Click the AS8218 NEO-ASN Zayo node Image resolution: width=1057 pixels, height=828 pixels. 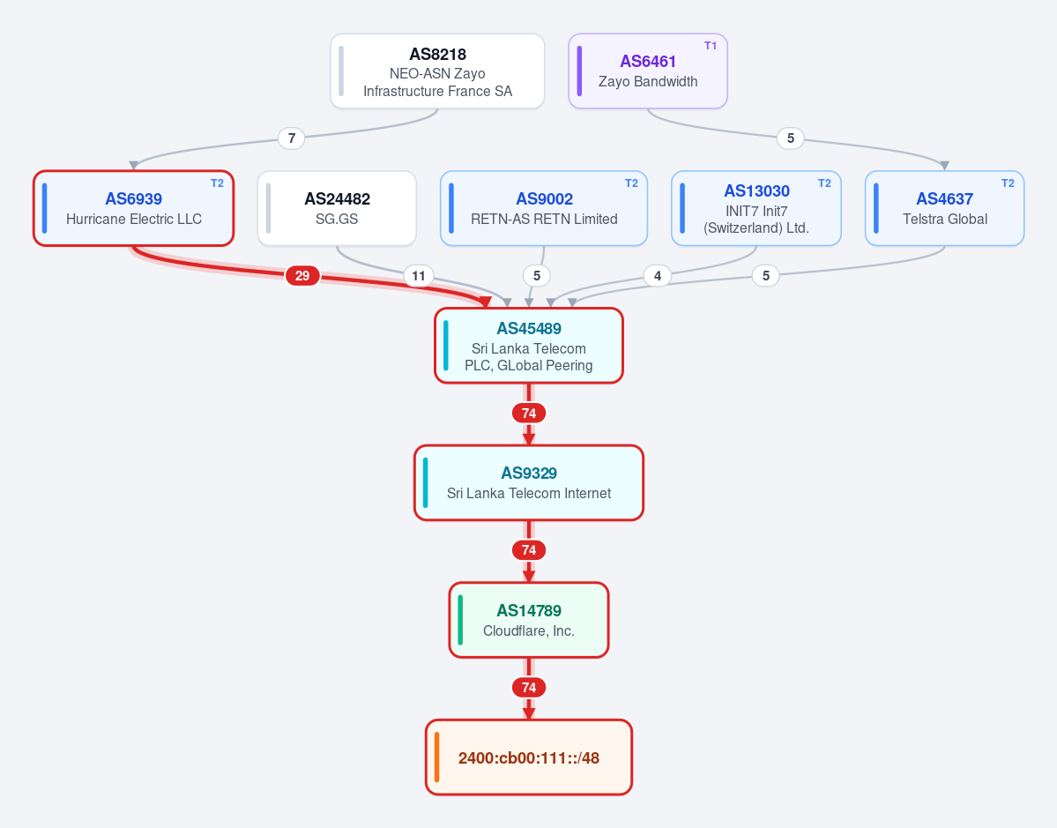pyautogui.click(x=437, y=71)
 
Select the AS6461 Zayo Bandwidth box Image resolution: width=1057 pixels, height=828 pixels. pyautogui.click(x=648, y=71)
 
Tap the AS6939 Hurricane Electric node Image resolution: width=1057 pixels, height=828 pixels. pyautogui.click(x=133, y=208)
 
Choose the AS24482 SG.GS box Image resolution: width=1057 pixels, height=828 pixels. pyautogui.click(x=337, y=208)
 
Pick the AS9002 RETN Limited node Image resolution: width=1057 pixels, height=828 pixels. pyautogui.click(x=544, y=208)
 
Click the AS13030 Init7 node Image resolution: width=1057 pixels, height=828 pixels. pyautogui.click(x=756, y=208)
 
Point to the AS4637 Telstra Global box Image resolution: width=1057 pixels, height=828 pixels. pyautogui.click(x=944, y=208)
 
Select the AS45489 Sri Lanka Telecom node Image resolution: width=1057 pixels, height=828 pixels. pyautogui.click(x=529, y=346)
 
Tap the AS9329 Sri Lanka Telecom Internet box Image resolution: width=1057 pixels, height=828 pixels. pyautogui.click(x=529, y=482)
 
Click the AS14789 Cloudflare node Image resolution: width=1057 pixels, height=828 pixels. pyautogui.click(x=529, y=620)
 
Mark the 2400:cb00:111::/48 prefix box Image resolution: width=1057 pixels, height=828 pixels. pyautogui.click(x=529, y=757)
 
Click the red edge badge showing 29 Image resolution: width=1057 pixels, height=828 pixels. pyautogui.click(x=302, y=275)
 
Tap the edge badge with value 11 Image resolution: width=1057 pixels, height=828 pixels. pyautogui.click(x=419, y=276)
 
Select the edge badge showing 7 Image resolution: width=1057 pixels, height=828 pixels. pyautogui.click(x=291, y=138)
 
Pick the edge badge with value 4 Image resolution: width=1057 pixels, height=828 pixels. pyautogui.click(x=658, y=276)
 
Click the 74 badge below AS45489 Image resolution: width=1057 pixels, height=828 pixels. pyautogui.click(x=529, y=413)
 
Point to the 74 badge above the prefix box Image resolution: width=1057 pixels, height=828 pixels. pyautogui.click(x=529, y=687)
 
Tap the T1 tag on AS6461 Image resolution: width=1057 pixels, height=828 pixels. pyautogui.click(x=711, y=46)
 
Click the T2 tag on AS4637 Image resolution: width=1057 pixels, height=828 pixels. pyautogui.click(x=1008, y=183)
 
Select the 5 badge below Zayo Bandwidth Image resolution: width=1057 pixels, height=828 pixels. pyautogui.click(x=791, y=138)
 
